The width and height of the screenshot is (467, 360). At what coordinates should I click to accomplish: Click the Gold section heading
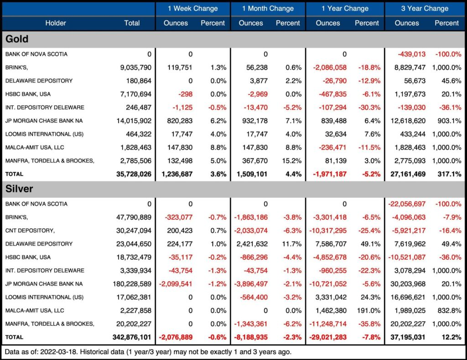(x=17, y=39)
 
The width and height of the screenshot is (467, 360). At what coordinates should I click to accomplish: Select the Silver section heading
(x=19, y=189)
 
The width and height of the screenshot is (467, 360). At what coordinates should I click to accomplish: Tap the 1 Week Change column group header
(x=193, y=8)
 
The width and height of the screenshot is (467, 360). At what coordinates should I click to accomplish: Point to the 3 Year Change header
(x=425, y=8)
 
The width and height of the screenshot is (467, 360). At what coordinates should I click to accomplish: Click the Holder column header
(x=56, y=23)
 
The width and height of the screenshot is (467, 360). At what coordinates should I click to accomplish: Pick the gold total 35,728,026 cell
(x=134, y=174)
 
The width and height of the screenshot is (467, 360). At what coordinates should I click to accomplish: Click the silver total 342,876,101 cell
(x=132, y=337)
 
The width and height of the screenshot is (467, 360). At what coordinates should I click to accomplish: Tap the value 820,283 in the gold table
(x=180, y=121)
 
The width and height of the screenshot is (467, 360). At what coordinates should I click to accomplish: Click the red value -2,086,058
(x=330, y=67)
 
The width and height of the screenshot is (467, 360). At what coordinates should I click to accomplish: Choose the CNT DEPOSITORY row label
(x=30, y=231)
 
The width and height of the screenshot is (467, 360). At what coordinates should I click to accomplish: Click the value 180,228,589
(x=132, y=284)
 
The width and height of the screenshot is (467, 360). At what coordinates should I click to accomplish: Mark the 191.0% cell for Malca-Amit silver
(x=368, y=311)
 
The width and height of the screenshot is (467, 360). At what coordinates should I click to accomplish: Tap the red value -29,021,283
(x=328, y=337)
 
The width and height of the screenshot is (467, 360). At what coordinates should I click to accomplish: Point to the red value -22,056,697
(x=407, y=204)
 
